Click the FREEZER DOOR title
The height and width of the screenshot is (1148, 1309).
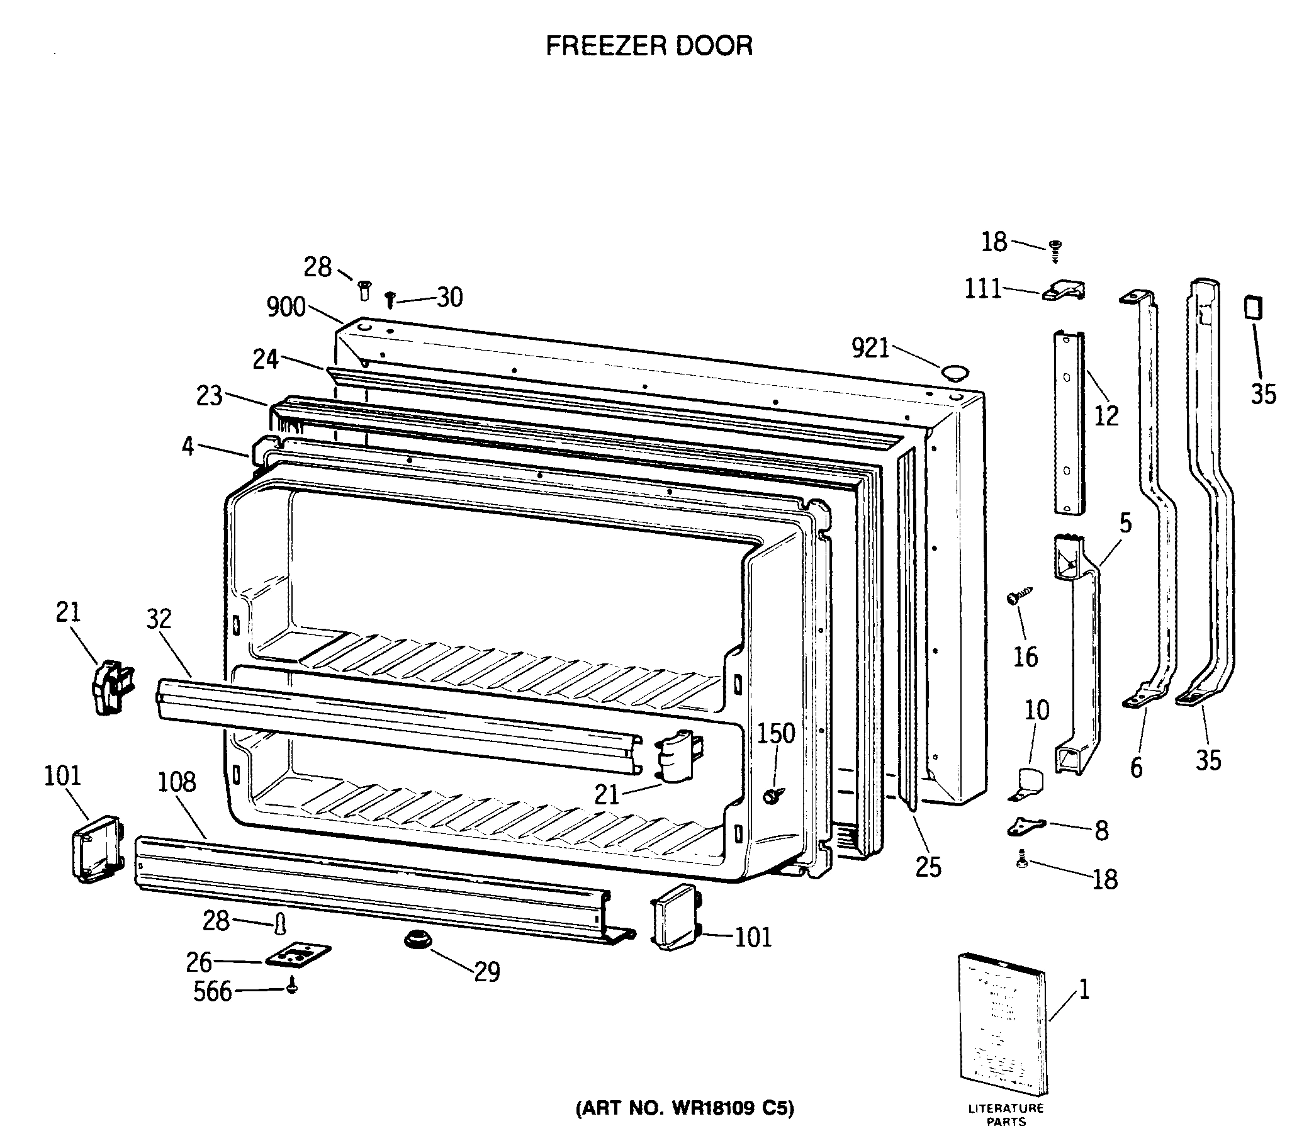[649, 45]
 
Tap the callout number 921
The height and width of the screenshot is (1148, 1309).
[870, 349]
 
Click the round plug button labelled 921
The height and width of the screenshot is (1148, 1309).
[953, 372]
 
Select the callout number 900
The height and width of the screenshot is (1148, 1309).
[286, 308]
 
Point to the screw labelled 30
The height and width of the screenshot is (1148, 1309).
[390, 298]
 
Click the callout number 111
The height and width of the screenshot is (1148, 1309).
[983, 289]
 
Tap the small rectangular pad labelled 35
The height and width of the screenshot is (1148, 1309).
[1253, 308]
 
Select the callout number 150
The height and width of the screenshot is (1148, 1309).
[776, 733]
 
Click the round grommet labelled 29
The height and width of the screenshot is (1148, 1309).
[417, 941]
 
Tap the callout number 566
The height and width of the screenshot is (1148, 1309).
[213, 992]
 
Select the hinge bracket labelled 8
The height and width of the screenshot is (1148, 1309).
[1025, 827]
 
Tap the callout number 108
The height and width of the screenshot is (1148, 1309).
[177, 782]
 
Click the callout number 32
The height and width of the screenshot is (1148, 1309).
[159, 619]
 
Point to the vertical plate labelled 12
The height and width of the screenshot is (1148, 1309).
[1069, 423]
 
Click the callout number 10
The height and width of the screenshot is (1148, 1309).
[1037, 711]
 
